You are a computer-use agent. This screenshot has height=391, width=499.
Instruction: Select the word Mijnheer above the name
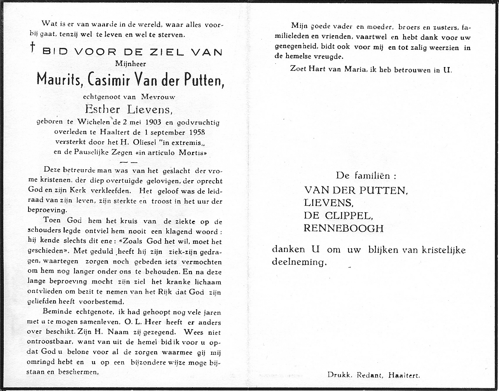pos(131,64)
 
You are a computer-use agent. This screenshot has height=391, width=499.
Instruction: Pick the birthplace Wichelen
pos(93,121)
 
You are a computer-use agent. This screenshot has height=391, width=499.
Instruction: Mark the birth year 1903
pos(153,122)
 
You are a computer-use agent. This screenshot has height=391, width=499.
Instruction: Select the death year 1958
pos(197,132)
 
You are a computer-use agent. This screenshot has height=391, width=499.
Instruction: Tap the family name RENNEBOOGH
pos(343,228)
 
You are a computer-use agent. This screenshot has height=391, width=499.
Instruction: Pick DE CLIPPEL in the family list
pos(338,216)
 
